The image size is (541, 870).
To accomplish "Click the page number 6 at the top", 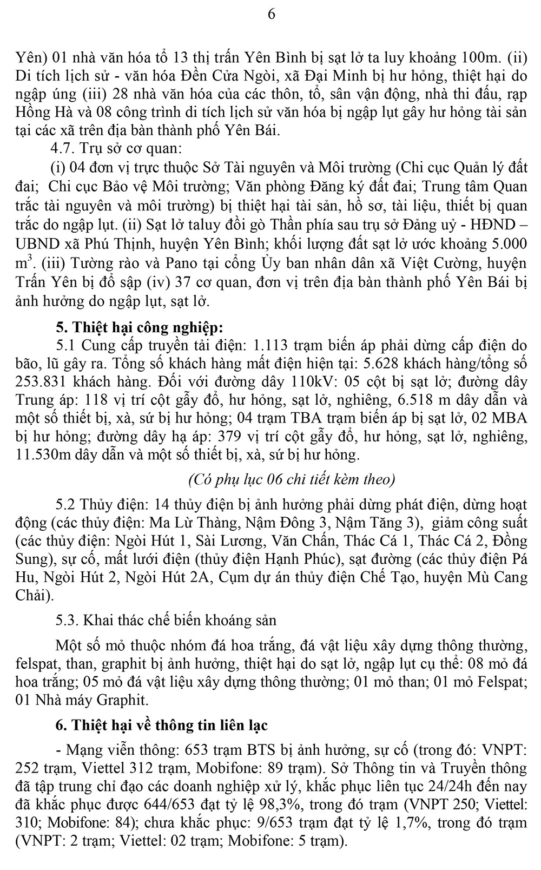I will click(271, 14).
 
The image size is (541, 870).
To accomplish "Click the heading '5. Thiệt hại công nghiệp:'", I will click(139, 327).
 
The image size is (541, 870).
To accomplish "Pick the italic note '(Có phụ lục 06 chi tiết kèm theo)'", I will click(292, 479).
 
